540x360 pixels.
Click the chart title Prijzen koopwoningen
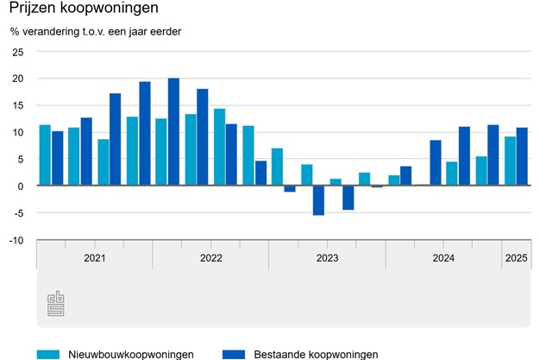pyautogui.click(x=84, y=10)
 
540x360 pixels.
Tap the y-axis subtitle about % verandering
pyautogui.click(x=102, y=33)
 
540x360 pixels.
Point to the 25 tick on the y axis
pyautogui.click(x=18, y=52)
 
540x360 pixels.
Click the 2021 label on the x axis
pyautogui.click(x=94, y=258)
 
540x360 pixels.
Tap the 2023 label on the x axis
pyautogui.click(x=327, y=258)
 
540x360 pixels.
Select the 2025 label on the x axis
pyautogui.click(x=516, y=258)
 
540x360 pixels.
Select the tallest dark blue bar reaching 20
pyautogui.click(x=173, y=131)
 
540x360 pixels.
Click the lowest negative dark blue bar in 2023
pyautogui.click(x=318, y=200)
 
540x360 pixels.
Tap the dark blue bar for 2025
pyautogui.click(x=522, y=156)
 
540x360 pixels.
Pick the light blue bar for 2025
pyautogui.click(x=510, y=161)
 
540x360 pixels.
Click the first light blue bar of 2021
pyautogui.click(x=45, y=155)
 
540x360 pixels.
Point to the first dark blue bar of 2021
pyautogui.click(x=57, y=158)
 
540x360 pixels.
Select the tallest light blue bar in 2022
pyautogui.click(x=219, y=147)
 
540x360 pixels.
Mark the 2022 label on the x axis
pyautogui.click(x=210, y=258)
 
